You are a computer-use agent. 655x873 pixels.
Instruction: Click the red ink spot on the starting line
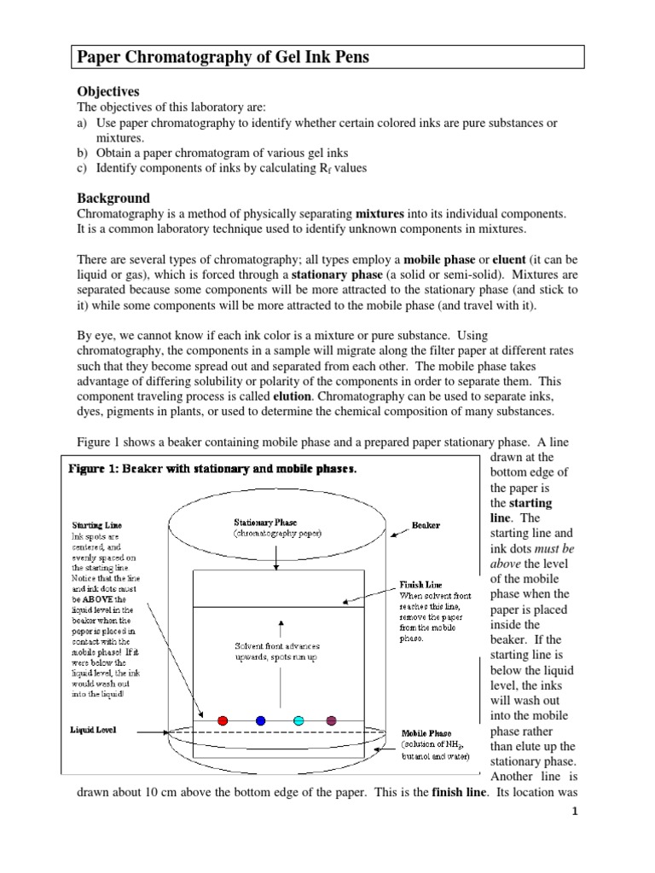(x=223, y=720)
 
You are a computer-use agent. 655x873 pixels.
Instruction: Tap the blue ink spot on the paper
(x=260, y=720)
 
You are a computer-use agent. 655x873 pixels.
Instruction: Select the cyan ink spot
(x=299, y=720)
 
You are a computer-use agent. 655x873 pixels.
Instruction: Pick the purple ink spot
(x=331, y=720)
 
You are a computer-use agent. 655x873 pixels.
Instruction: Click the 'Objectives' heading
(x=108, y=91)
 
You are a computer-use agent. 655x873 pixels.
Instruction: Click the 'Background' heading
(x=113, y=198)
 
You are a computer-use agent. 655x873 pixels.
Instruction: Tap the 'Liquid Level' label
(x=93, y=731)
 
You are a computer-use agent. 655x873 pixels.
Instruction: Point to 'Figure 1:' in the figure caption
(x=96, y=468)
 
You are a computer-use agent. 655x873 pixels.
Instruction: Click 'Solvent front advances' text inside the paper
(x=276, y=645)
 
